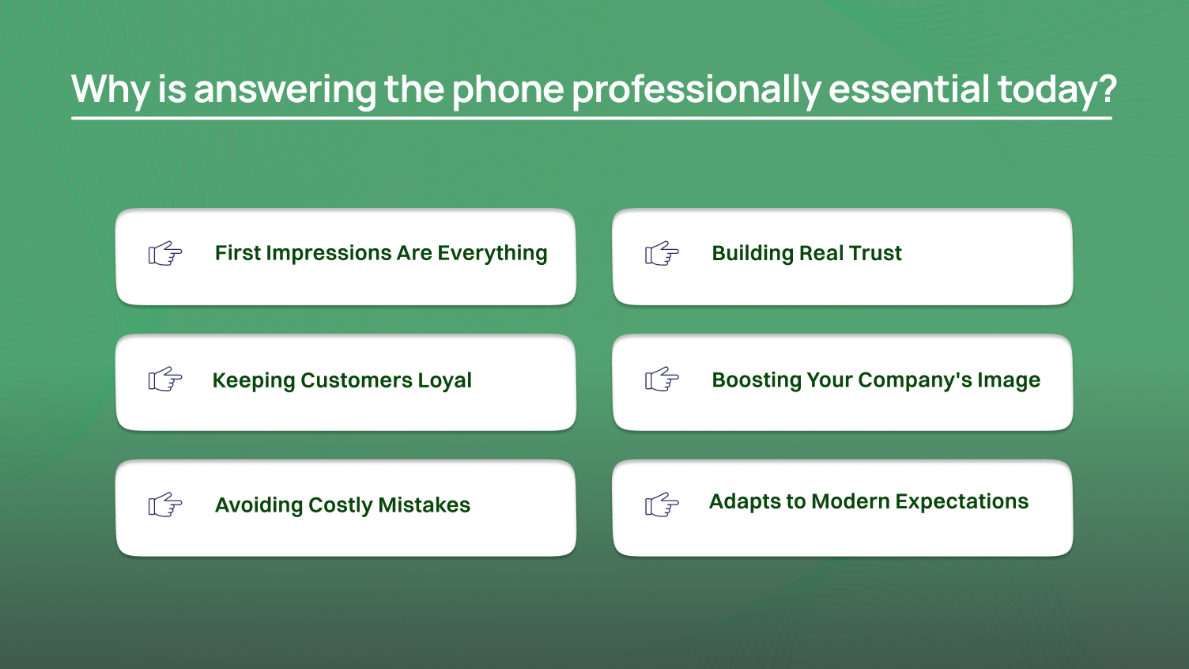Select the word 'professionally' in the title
[x=696, y=89]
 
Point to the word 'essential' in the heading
[x=908, y=89]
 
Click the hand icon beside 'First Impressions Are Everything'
[x=165, y=254]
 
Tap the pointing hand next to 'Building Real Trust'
[x=662, y=254]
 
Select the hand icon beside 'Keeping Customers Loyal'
[x=165, y=380]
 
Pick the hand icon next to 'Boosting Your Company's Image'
[x=662, y=380]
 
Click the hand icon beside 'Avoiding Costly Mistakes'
[x=165, y=505]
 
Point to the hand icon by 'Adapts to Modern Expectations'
[x=662, y=505]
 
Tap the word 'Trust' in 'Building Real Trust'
[x=875, y=253]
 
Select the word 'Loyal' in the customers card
[x=444, y=380]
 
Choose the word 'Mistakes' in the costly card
[x=424, y=505]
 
